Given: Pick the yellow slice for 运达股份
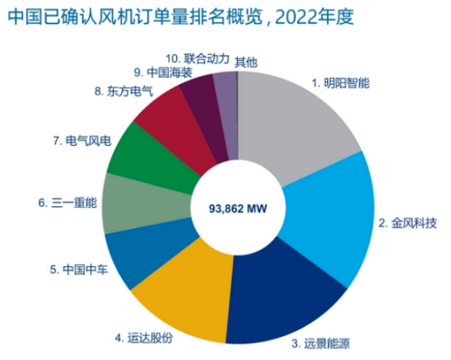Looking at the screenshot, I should [x=183, y=297].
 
